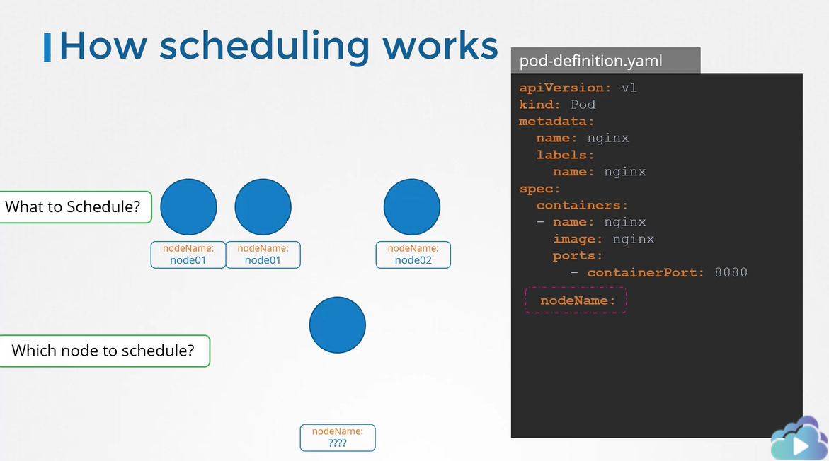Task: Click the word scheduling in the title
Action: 264,47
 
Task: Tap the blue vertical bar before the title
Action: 47,47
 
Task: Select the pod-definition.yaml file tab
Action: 605,60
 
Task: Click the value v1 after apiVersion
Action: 629,88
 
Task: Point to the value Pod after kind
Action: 583,105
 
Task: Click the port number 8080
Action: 731,272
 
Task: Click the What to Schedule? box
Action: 76,207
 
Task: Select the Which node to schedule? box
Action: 105,351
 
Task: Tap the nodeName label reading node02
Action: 413,255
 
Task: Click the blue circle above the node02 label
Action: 412,207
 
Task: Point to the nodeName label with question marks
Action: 337,438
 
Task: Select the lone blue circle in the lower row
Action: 337,325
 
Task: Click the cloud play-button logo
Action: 799,440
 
